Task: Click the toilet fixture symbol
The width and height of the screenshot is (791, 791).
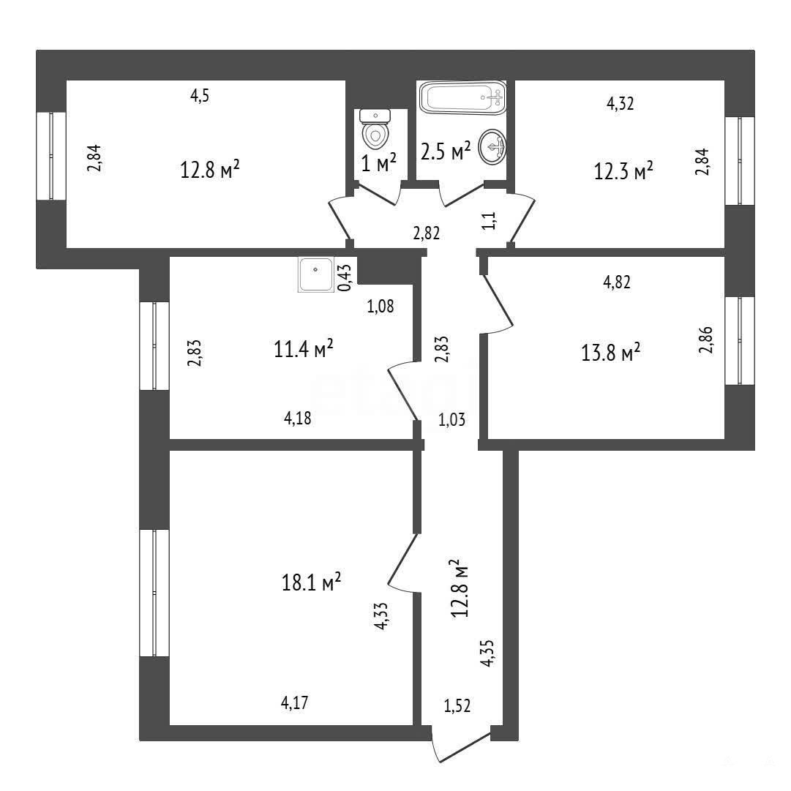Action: [375, 129]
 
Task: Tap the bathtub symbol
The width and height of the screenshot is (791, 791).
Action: [462, 97]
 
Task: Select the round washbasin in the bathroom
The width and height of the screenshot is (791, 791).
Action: [492, 147]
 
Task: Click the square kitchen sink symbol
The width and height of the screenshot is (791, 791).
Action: [316, 274]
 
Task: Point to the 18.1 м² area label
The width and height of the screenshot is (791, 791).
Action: [311, 582]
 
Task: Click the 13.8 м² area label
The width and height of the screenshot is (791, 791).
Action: [611, 352]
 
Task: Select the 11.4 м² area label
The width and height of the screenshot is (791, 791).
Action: [303, 348]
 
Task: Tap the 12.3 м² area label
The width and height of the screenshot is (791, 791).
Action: [623, 171]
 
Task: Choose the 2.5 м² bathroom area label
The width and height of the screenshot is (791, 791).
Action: [446, 151]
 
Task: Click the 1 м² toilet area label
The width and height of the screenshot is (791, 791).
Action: [379, 162]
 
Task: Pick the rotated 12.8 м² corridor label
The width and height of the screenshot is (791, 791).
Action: [460, 588]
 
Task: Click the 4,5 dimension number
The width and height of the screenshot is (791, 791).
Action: [199, 95]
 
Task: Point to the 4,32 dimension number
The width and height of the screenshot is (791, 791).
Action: [620, 103]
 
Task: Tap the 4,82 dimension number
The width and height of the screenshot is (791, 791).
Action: [616, 282]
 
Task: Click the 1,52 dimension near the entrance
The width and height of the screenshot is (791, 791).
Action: [457, 705]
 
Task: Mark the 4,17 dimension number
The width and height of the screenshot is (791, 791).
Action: [294, 702]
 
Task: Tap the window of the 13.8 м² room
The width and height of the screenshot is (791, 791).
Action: [740, 341]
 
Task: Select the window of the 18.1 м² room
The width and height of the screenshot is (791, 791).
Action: [154, 593]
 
